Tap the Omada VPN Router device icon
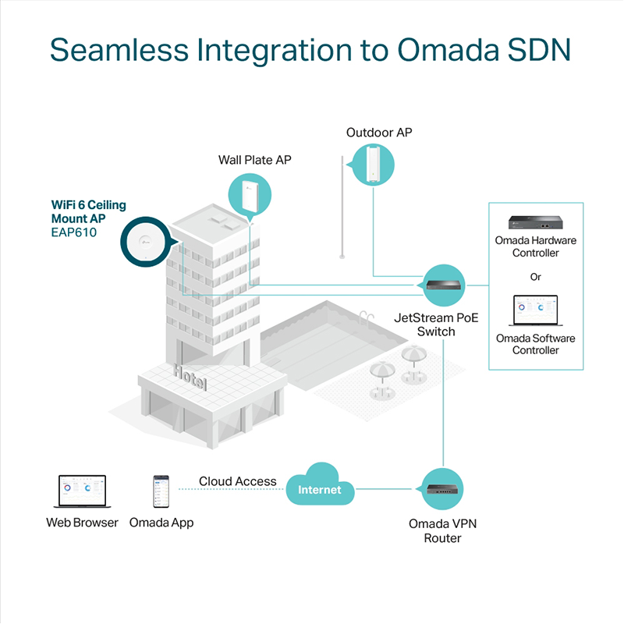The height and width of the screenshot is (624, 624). click(443, 490)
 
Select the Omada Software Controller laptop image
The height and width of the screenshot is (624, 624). click(536, 310)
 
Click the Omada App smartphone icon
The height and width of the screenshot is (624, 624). click(161, 491)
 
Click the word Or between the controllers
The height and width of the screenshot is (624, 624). click(536, 277)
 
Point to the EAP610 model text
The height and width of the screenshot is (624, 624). click(74, 232)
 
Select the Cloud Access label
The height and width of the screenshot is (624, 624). click(237, 481)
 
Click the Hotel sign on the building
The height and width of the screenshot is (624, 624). click(190, 376)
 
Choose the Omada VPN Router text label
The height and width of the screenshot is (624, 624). click(442, 530)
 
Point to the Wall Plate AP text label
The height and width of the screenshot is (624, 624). click(254, 160)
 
